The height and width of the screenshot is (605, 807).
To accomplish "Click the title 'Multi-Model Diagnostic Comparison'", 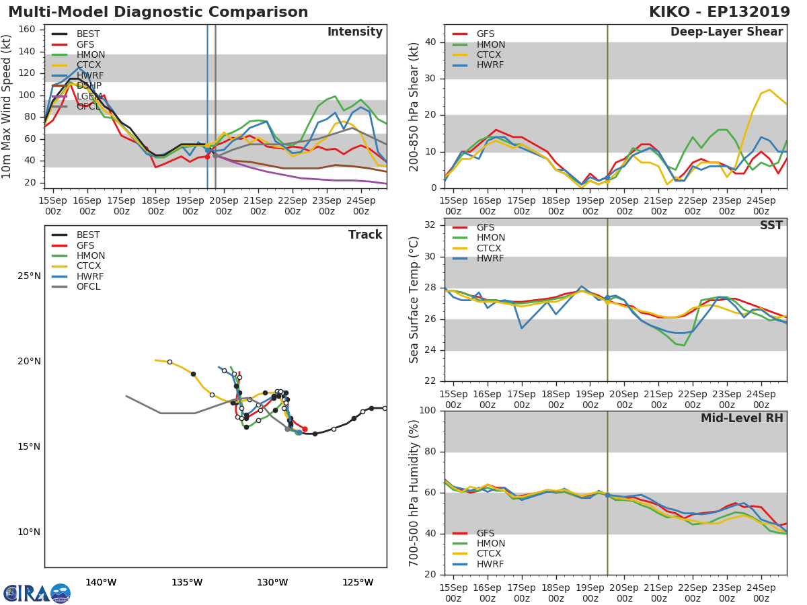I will [158, 12].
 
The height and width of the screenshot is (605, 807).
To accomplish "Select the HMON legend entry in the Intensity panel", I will [90, 55].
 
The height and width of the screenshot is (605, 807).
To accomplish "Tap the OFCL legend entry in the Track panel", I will [88, 287].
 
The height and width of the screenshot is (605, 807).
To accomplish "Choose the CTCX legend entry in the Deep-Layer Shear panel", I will [490, 55].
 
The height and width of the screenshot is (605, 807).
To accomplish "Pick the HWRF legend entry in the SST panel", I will [490, 259].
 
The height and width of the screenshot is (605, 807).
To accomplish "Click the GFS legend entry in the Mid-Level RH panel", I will [485, 533].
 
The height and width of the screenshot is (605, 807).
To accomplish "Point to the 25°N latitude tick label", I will [29, 276].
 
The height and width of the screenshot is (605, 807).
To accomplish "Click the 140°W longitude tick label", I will [101, 582].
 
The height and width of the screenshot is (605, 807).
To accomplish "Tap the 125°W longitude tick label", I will [358, 582].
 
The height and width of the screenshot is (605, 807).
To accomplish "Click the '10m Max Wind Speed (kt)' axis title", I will [7, 106].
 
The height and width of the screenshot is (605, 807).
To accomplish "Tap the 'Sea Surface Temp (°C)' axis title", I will [414, 299].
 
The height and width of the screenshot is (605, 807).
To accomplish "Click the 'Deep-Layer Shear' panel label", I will [726, 32].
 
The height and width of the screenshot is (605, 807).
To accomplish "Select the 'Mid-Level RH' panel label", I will [742, 418].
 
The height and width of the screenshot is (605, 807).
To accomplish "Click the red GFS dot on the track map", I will [305, 429].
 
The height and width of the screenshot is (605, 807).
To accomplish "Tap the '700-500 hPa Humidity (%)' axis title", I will [414, 493].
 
